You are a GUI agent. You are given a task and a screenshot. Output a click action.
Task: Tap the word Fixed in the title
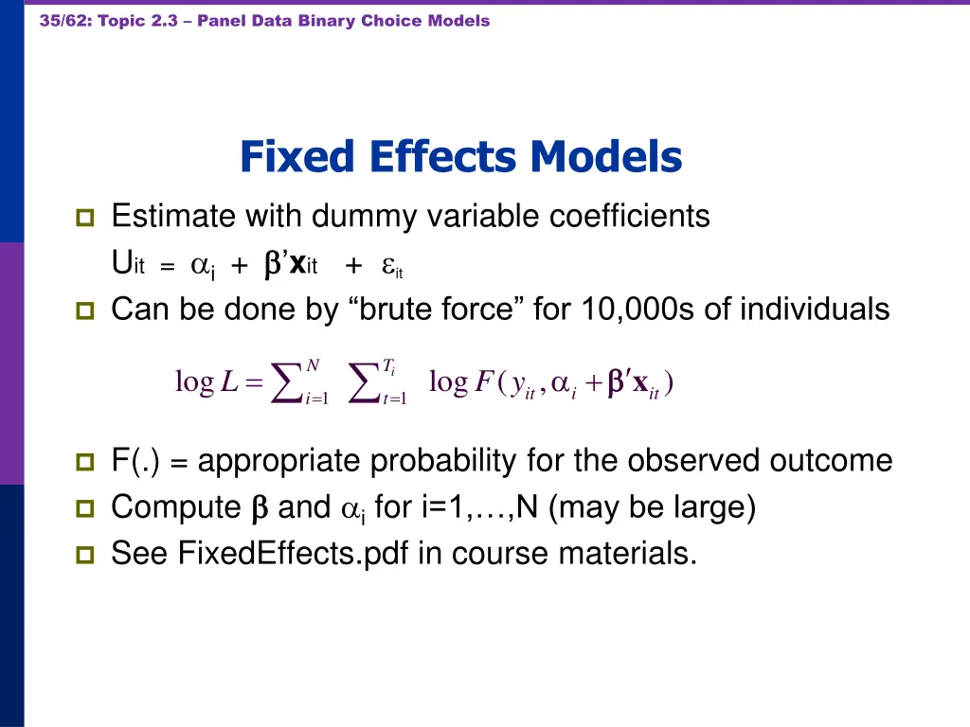(x=298, y=157)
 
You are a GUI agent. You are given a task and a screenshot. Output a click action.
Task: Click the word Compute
(x=176, y=508)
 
